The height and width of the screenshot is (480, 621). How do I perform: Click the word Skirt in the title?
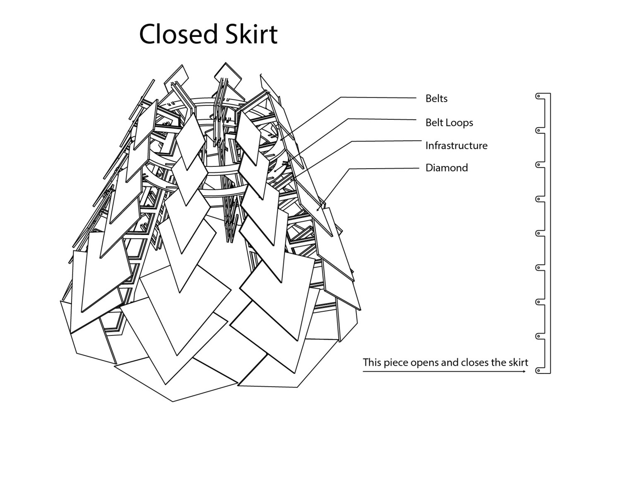click(x=251, y=34)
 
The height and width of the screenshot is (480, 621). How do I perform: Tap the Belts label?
click(x=436, y=99)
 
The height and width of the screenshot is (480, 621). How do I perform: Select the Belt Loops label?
click(x=449, y=123)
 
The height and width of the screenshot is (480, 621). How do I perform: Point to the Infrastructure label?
click(x=456, y=146)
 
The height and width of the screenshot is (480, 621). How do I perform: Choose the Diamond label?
click(x=446, y=168)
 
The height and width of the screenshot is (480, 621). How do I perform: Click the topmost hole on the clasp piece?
click(x=538, y=96)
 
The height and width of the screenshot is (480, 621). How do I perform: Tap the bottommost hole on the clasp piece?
click(x=538, y=370)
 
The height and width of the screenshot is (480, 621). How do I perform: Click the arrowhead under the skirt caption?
click(x=525, y=371)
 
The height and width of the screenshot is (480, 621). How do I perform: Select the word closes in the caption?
click(x=475, y=362)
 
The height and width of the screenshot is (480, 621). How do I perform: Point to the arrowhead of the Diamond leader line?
click(x=318, y=210)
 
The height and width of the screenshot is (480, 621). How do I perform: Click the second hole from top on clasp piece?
click(x=538, y=130)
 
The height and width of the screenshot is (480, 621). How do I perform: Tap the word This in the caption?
click(x=372, y=362)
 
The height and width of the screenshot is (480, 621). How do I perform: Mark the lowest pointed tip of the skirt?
click(x=173, y=401)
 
